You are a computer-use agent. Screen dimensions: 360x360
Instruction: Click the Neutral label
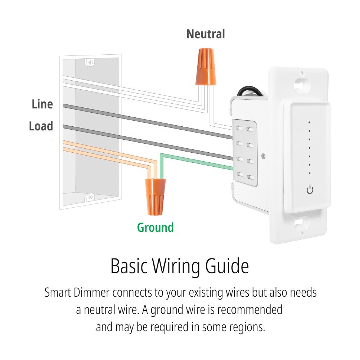206,34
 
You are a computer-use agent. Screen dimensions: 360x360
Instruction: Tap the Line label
42,104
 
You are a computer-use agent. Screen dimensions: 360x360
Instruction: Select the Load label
41,126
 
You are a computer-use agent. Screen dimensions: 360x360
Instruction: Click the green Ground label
156,228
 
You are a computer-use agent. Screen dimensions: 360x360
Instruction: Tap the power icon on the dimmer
310,190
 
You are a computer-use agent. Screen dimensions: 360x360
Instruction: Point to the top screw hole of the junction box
90,63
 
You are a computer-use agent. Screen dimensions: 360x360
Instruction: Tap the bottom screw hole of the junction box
90,197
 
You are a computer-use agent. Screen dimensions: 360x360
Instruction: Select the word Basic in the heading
129,267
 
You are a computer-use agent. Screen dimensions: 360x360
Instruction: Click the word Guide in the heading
227,267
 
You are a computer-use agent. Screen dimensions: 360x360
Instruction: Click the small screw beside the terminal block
265,156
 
